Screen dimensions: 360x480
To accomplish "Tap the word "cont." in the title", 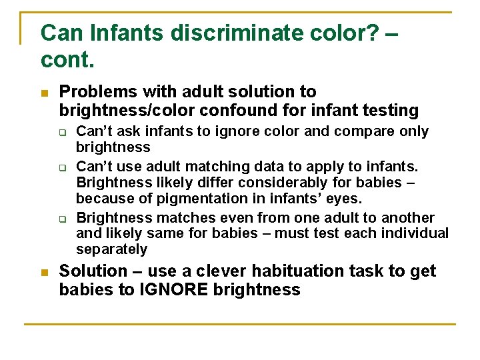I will pyautogui.click(x=67, y=59).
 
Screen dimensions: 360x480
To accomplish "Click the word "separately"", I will pyautogui.click(x=111, y=249).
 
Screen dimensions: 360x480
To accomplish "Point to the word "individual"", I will pyautogui.click(x=417, y=233).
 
